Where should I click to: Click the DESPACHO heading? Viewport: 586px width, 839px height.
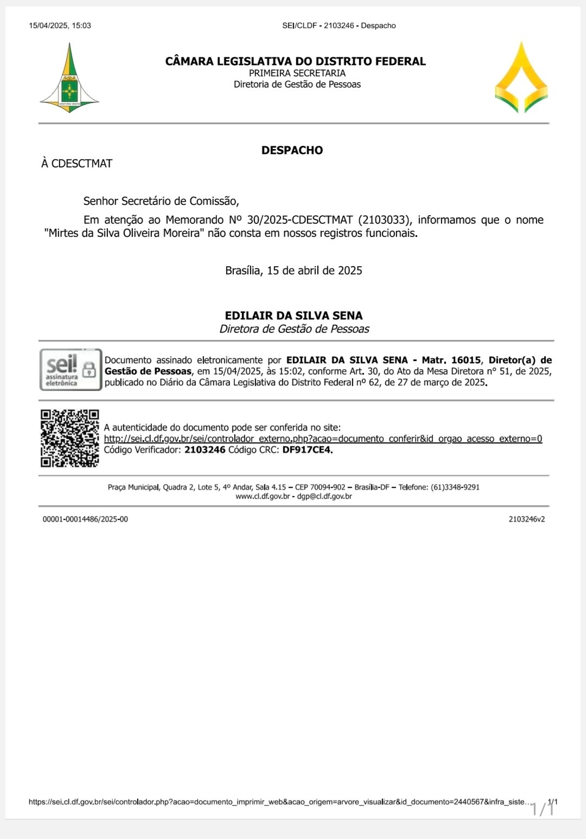coord(292,150)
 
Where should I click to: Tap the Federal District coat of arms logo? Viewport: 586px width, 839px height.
coord(69,79)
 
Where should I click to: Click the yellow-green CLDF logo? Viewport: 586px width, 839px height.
coord(521,78)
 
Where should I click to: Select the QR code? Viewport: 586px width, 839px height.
coord(69,438)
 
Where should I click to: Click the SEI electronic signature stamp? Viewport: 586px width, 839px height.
coord(71,370)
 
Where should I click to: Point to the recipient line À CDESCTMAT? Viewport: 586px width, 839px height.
coord(77,164)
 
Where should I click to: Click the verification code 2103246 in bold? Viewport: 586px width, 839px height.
coord(205,450)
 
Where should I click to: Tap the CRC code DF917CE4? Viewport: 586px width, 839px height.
coord(307,450)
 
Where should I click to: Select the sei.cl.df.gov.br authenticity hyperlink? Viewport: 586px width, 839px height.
coord(323,438)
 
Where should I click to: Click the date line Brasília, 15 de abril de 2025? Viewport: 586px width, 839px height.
coord(294,270)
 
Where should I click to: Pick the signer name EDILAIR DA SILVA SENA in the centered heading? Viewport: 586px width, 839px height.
coord(294,315)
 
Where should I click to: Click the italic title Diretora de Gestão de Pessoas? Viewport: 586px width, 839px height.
coord(294,329)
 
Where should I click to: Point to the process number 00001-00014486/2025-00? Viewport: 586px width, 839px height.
coord(85,519)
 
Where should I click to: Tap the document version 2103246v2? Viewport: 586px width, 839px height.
coord(526,519)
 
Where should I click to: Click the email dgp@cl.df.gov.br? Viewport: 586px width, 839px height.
coord(324,496)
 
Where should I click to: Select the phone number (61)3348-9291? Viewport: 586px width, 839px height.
coord(455,487)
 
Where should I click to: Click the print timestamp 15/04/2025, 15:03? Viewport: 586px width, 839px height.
coord(60,25)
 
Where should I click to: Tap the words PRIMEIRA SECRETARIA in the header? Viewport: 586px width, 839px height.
coord(297,73)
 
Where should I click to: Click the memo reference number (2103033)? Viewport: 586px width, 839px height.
coord(385,220)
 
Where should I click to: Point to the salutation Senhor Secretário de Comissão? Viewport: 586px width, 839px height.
coord(161,201)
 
